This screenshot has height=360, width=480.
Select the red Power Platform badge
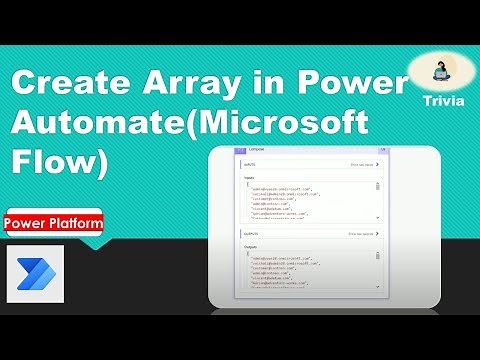tap(53, 223)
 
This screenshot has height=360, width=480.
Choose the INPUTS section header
tap(249, 164)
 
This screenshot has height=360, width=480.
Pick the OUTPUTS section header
tap(250, 232)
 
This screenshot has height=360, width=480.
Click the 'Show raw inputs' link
tap(363, 164)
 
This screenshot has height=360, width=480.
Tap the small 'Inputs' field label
tap(249, 175)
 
